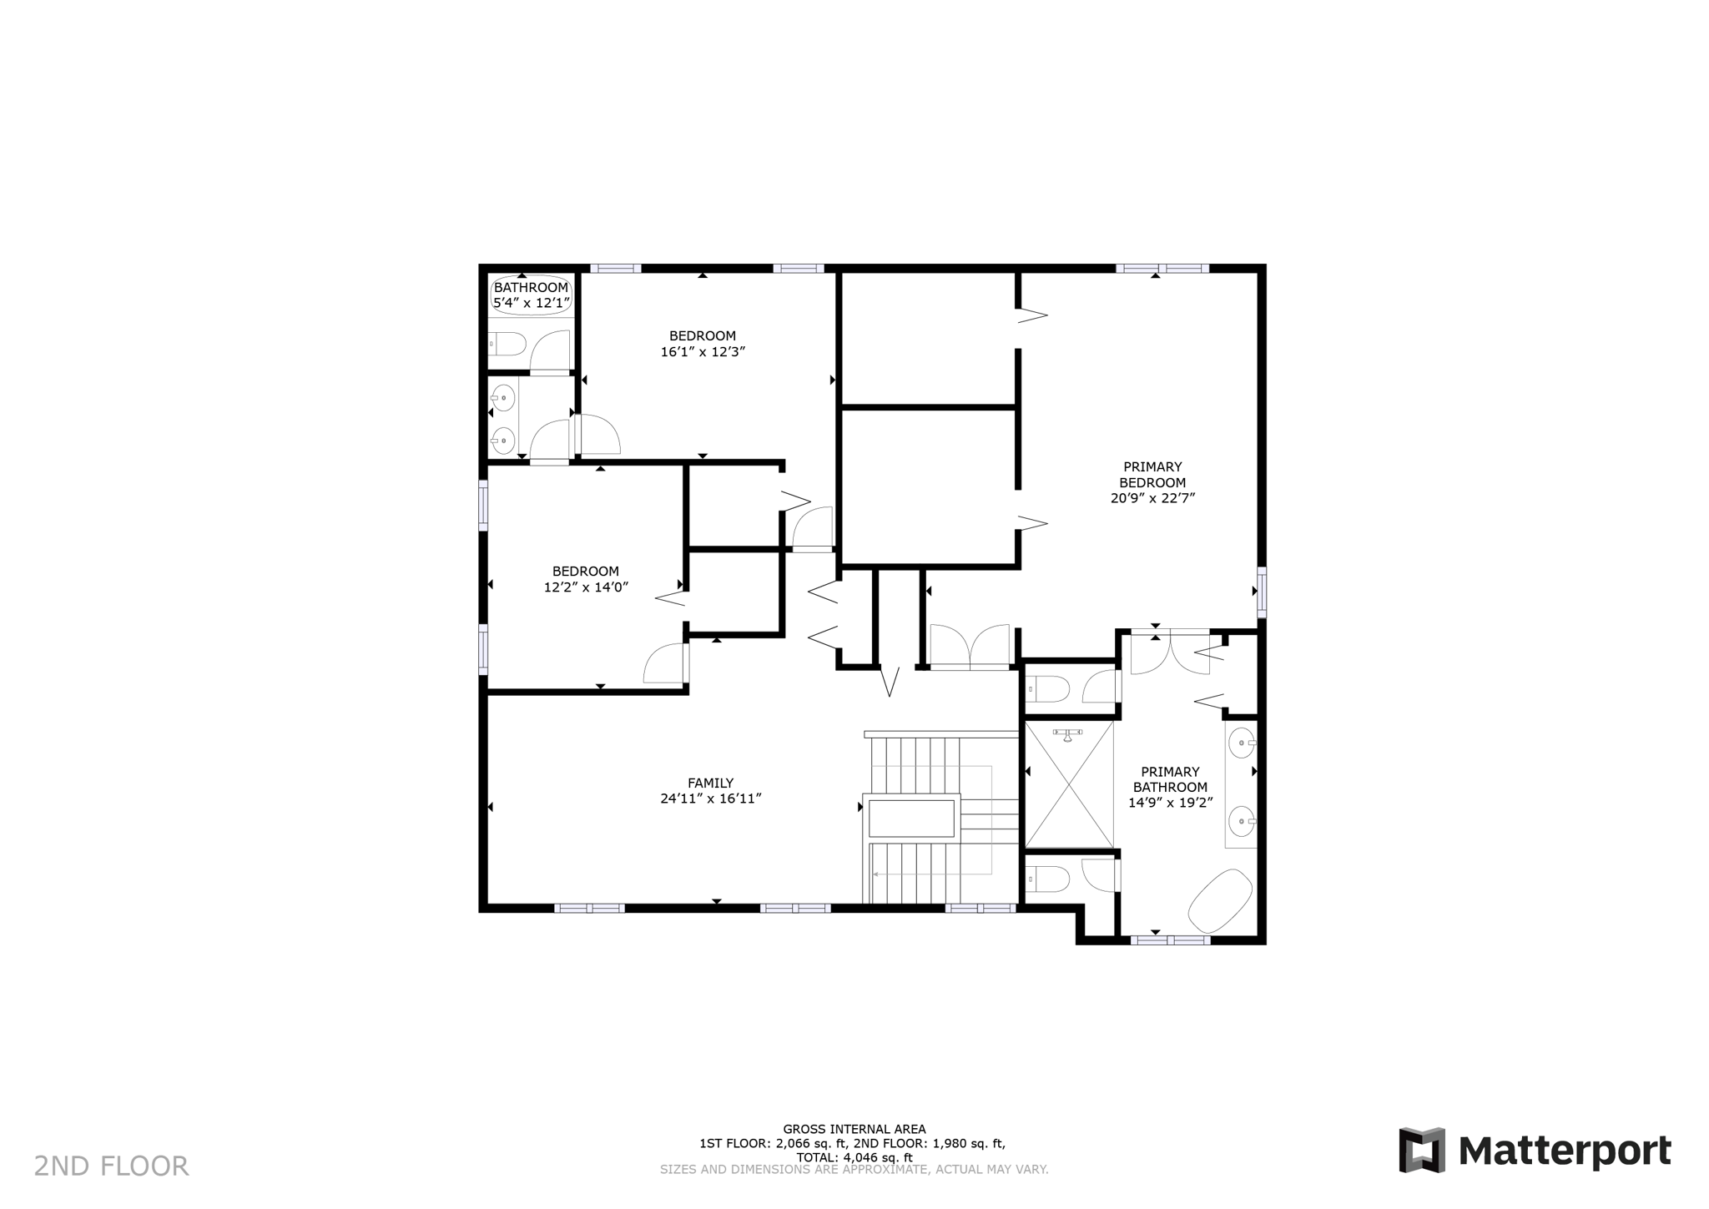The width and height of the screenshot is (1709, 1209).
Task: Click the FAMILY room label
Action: pyautogui.click(x=710, y=783)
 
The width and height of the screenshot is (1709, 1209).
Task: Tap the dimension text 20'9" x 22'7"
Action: pyautogui.click(x=1152, y=498)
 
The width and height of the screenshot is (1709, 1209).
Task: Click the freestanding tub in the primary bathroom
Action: pyautogui.click(x=1220, y=901)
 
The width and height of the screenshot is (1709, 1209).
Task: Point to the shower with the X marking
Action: pyautogui.click(x=1069, y=784)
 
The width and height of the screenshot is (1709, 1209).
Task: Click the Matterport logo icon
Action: pyautogui.click(x=1422, y=1150)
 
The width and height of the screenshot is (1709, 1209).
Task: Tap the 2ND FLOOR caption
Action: pyautogui.click(x=111, y=1166)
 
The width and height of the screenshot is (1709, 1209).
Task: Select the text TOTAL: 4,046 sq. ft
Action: pyautogui.click(x=854, y=1157)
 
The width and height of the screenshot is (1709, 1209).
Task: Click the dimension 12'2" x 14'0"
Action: pyautogui.click(x=586, y=587)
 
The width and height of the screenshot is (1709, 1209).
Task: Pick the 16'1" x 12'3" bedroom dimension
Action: pyautogui.click(x=703, y=351)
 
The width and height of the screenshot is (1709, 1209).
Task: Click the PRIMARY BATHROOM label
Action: pyautogui.click(x=1170, y=779)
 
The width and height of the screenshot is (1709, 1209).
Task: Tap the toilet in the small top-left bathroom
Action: pyautogui.click(x=507, y=344)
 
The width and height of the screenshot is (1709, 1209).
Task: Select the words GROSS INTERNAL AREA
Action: pyautogui.click(x=854, y=1129)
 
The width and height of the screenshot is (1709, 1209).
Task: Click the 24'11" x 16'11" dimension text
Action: pyautogui.click(x=710, y=798)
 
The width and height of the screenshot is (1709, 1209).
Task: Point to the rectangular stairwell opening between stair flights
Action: pyautogui.click(x=911, y=819)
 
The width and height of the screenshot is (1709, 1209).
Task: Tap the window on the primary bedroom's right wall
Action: pyautogui.click(x=1262, y=592)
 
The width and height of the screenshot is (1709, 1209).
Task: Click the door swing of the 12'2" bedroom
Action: pyautogui.click(x=665, y=664)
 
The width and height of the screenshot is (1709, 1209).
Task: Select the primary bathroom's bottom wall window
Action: pyautogui.click(x=1170, y=940)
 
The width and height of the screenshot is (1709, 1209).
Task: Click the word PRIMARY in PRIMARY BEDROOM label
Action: pyautogui.click(x=1152, y=466)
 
